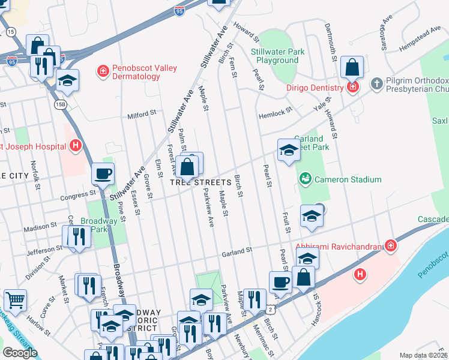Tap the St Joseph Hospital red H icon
(76, 145)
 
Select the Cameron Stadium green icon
(305, 179)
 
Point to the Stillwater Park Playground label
(277, 56)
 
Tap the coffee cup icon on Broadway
(103, 174)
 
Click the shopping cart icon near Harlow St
(15, 299)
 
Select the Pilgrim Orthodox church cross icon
(376, 82)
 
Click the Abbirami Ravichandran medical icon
(390, 246)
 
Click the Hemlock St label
(275, 111)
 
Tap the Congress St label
(84, 194)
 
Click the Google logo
(20, 352)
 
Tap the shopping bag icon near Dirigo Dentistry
(352, 67)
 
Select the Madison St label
(40, 229)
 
